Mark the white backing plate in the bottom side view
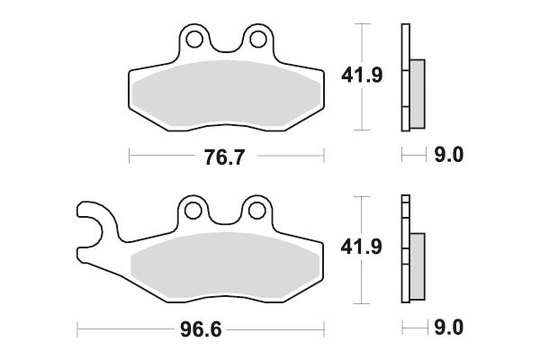pos(406,252)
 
